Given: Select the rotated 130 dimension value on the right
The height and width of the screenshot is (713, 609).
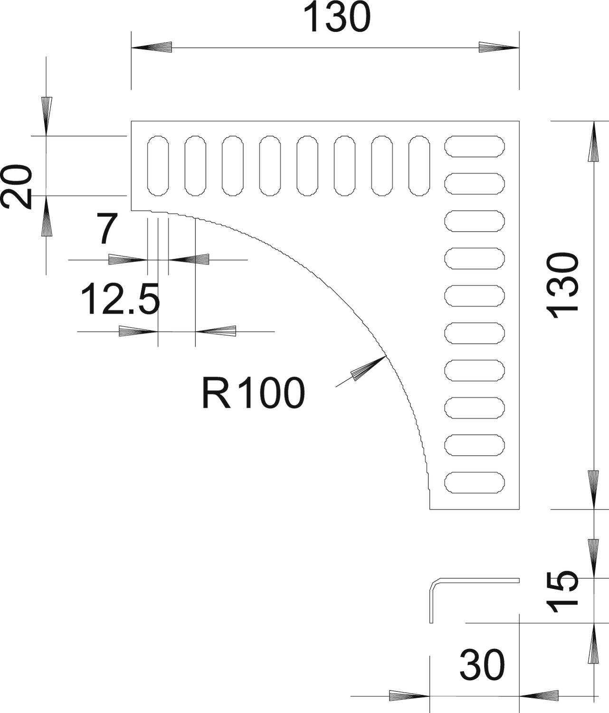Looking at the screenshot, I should (x=563, y=282).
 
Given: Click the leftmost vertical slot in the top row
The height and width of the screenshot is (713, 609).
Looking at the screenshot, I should (x=158, y=166).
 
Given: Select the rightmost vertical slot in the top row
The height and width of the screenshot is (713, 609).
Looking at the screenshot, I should (x=419, y=166).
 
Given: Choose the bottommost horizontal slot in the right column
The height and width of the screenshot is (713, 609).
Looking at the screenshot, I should (x=475, y=482).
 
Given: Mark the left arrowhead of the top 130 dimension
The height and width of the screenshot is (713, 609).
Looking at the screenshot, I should (x=151, y=48).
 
